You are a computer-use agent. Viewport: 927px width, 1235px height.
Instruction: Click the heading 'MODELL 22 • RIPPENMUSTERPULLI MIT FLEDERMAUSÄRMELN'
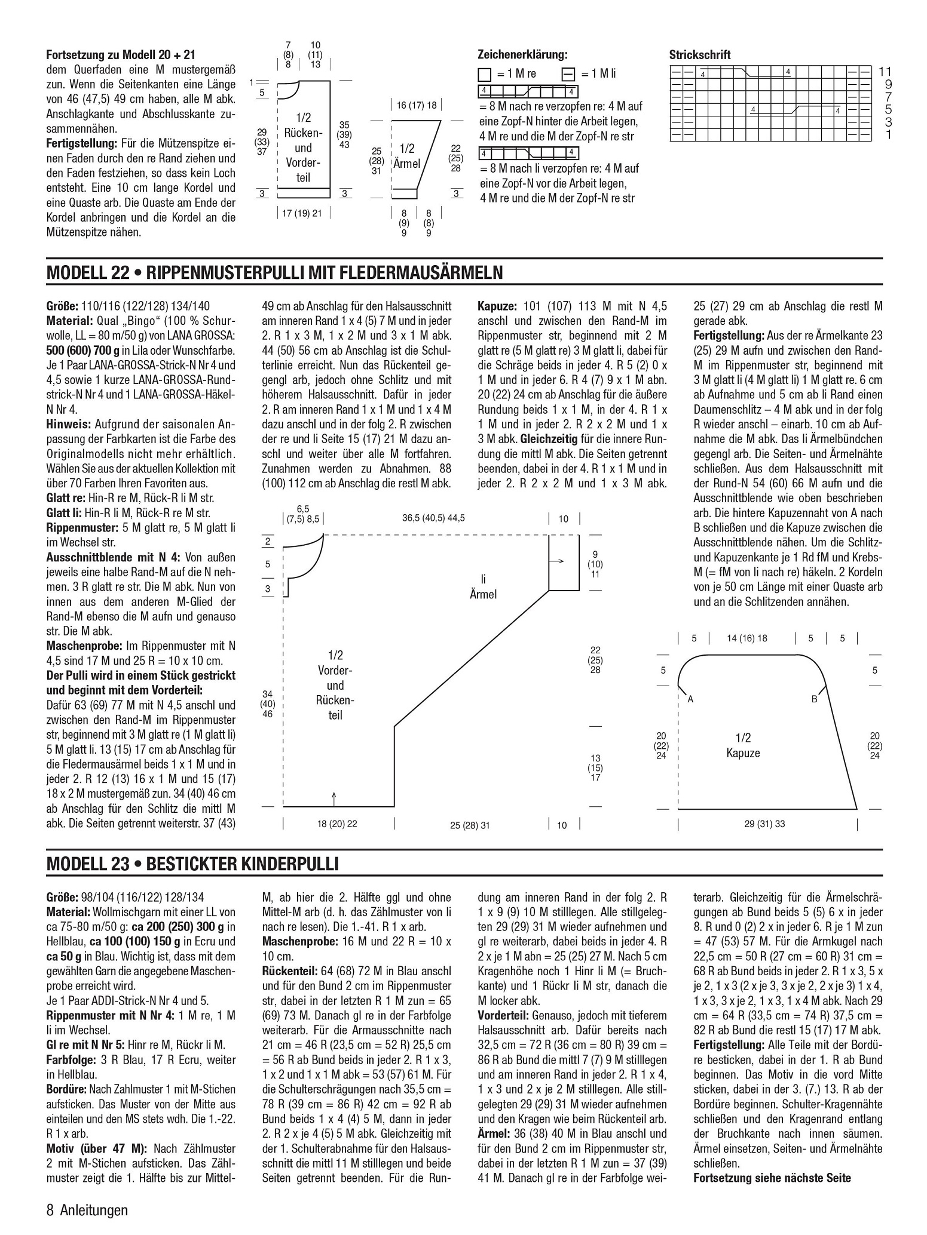[274, 273]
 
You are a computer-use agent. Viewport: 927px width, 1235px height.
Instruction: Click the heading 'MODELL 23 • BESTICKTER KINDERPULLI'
[192, 864]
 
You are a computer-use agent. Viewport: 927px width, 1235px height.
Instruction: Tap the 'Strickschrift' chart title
[699, 56]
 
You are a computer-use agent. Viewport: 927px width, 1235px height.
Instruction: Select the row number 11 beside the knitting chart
[885, 72]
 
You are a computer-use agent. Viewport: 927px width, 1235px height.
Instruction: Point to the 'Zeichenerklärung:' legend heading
[522, 54]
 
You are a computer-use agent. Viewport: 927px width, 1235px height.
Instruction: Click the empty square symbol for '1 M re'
[484, 75]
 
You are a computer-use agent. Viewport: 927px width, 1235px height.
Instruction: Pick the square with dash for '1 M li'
[568, 75]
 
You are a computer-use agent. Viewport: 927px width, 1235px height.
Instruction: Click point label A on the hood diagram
[690, 699]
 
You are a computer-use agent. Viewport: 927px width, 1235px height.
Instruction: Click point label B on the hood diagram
[813, 699]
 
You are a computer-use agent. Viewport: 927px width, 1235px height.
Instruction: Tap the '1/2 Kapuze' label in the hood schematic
[743, 745]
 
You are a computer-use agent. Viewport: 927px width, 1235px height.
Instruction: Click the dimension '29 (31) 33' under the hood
[764, 824]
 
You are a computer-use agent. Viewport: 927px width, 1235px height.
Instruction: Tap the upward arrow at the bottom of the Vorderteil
[334, 797]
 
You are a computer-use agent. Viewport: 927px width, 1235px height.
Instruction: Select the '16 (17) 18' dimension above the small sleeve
[417, 106]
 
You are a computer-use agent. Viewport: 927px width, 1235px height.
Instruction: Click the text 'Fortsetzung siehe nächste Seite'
[772, 1178]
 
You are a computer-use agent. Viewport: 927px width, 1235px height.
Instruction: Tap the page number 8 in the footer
[50, 1211]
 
